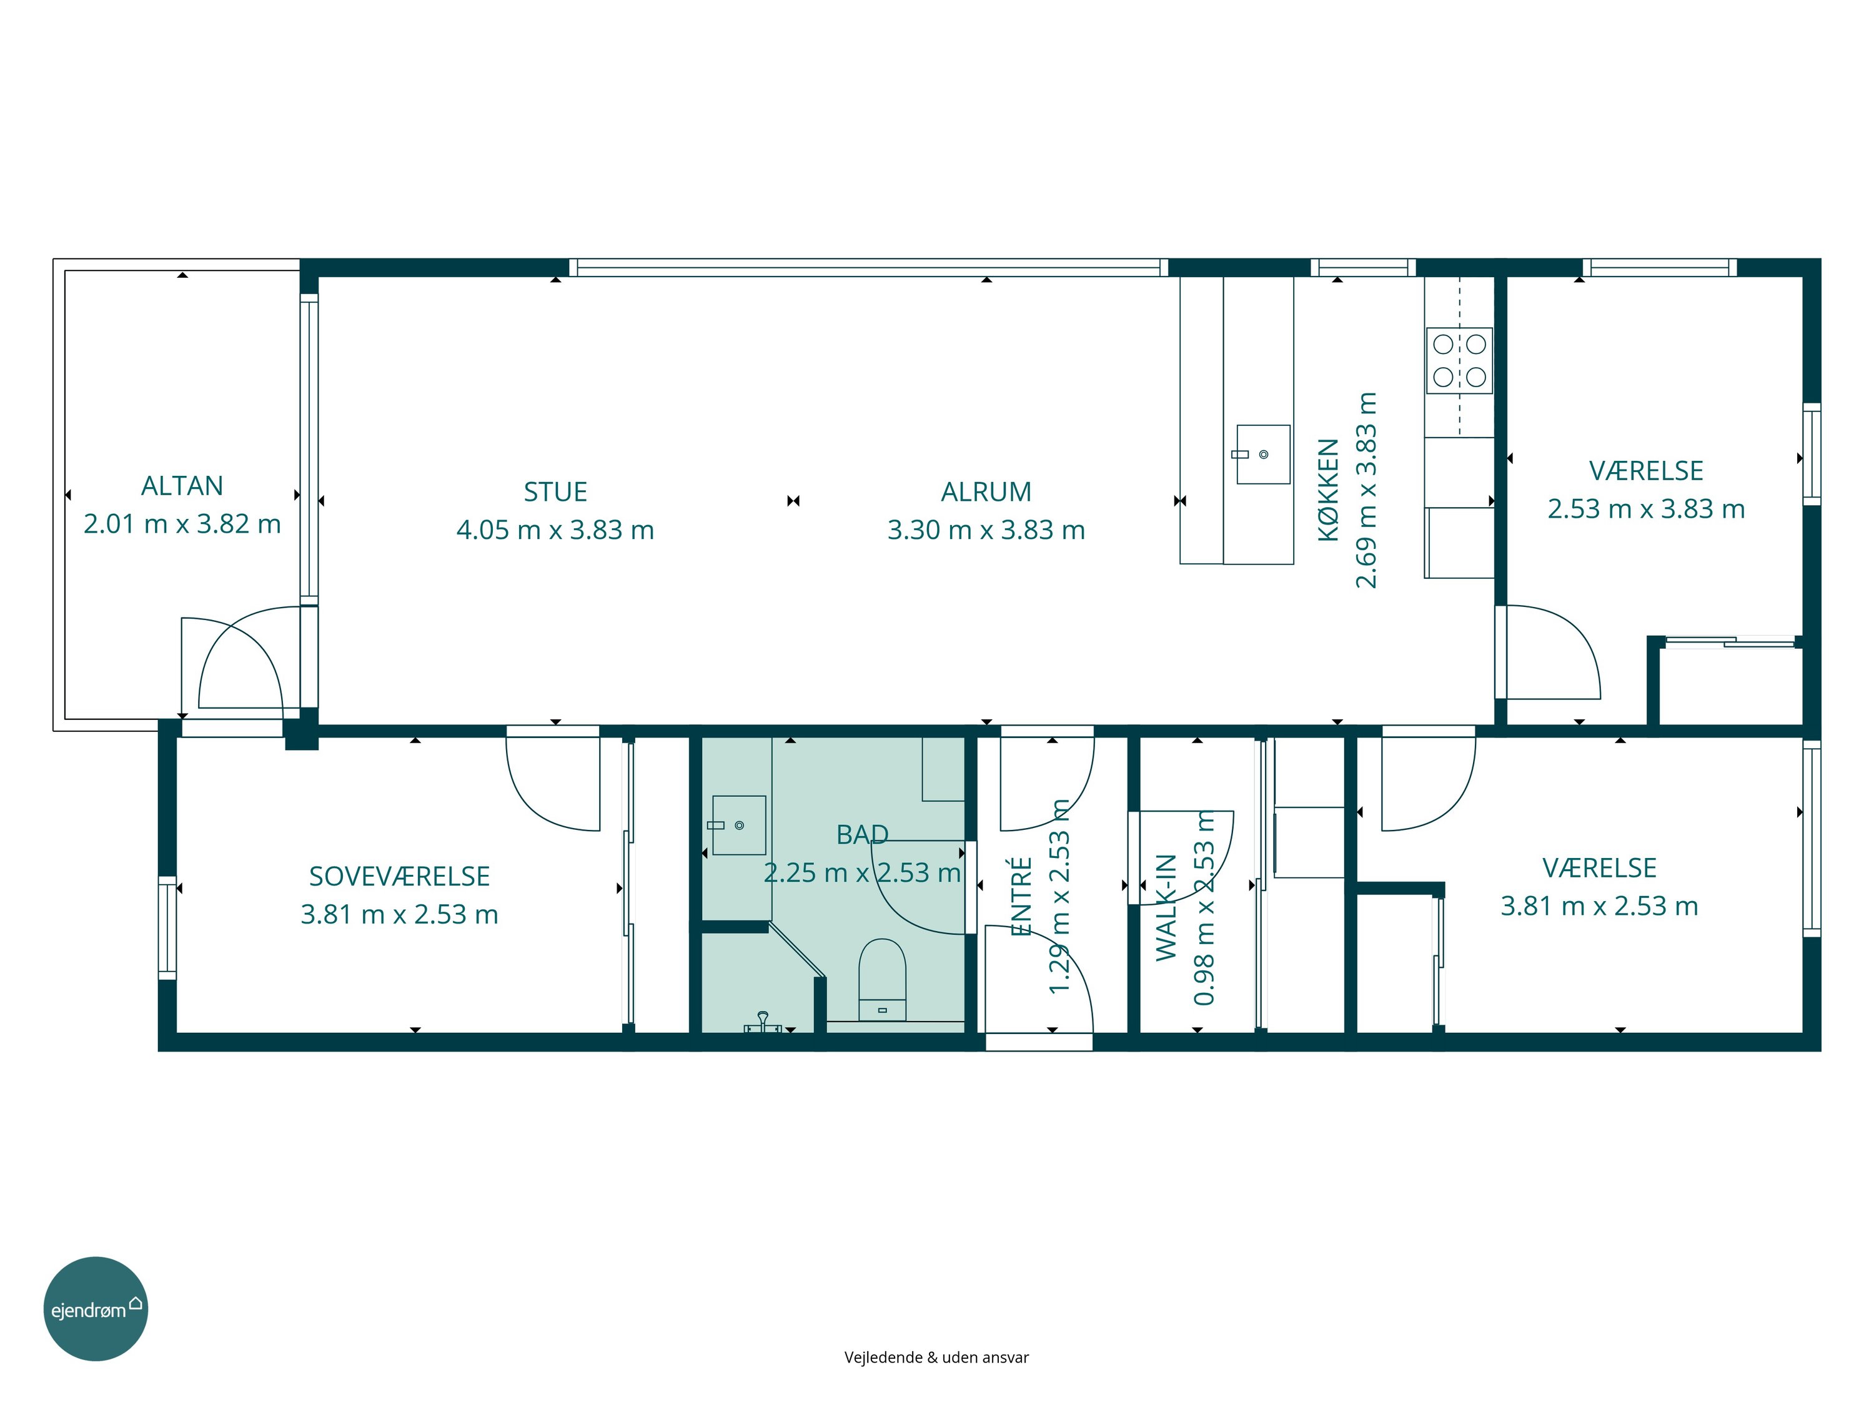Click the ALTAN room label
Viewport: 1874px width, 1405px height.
point(182,486)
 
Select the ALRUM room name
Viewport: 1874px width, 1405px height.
point(986,492)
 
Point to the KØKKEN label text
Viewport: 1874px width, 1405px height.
point(1329,490)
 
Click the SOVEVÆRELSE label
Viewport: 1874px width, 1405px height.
point(399,877)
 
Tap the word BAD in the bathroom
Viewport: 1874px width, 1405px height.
point(863,835)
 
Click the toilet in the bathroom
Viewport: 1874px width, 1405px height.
point(882,979)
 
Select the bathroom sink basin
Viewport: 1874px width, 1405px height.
point(739,825)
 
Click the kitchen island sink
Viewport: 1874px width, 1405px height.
point(1263,455)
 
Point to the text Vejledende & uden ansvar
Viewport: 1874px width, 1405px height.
point(936,1358)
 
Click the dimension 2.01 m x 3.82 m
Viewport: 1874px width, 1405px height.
point(182,525)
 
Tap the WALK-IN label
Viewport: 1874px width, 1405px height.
point(1167,908)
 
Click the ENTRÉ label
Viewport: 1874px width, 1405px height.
point(1022,896)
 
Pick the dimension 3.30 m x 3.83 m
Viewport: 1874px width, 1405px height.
point(986,530)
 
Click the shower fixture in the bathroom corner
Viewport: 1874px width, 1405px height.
point(763,1022)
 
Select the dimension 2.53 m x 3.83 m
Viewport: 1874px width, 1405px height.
point(1646,509)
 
